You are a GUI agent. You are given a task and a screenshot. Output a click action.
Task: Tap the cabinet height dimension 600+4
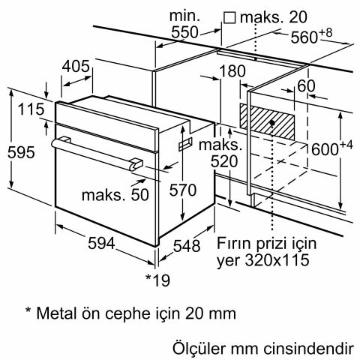click(x=327, y=149)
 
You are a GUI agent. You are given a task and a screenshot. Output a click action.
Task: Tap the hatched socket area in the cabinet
click(x=268, y=118)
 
